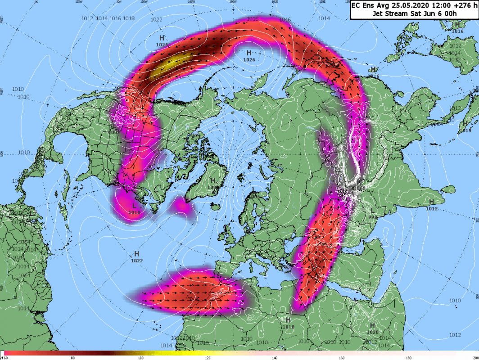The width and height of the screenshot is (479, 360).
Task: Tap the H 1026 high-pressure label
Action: [x=249, y=55]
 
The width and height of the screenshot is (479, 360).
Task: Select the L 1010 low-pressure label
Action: [x=134, y=208]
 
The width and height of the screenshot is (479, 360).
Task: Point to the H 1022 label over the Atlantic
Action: [x=136, y=257]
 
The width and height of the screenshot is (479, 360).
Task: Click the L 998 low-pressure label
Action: [x=372, y=213]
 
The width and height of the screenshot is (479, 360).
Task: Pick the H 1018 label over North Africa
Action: [x=288, y=323]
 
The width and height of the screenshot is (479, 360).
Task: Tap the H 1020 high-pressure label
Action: [x=372, y=328]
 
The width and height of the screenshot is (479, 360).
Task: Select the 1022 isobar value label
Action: [x=157, y=19]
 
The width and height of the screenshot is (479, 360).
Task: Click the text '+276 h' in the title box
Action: [x=459, y=5]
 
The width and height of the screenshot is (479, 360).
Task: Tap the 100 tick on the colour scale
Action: [x=140, y=358]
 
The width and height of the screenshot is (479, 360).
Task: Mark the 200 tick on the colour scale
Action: [x=474, y=358]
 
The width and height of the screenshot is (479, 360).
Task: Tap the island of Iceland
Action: [x=182, y=205]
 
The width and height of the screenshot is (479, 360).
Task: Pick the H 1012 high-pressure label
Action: [x=431, y=205]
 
